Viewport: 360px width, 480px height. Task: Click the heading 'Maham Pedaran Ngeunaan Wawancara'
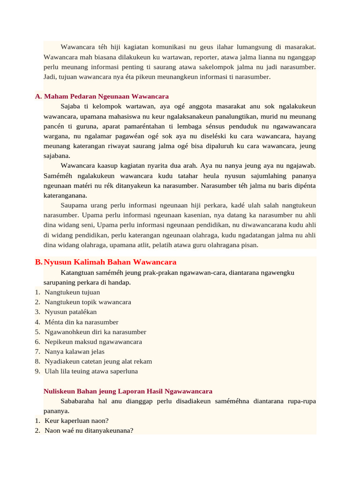106,96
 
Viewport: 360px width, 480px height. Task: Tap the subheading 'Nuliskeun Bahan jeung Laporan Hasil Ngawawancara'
128,391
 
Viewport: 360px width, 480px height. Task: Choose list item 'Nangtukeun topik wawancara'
88,302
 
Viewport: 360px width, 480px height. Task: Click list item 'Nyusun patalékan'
71,312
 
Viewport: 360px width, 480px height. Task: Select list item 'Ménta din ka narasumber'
82,322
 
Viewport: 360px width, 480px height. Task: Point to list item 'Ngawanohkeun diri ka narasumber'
95,332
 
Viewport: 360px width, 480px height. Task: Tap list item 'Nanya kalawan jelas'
75,352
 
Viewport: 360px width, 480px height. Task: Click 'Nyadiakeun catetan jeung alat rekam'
98,361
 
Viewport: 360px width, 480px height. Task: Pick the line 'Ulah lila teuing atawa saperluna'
91,371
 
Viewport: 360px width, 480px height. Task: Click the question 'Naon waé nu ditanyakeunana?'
89,430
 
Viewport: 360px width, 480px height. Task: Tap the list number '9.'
37,371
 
